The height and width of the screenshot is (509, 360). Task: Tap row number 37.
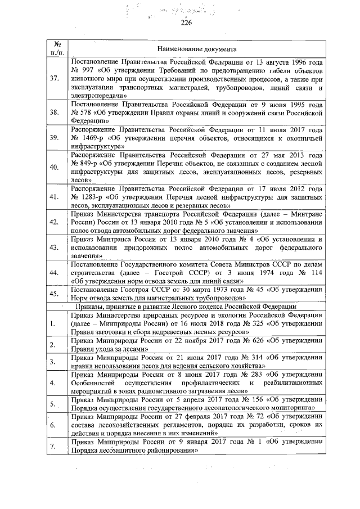[55, 78]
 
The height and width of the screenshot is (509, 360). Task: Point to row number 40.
[55, 168]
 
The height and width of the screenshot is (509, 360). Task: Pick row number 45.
[55, 293]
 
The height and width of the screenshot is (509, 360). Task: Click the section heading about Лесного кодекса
[186, 306]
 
